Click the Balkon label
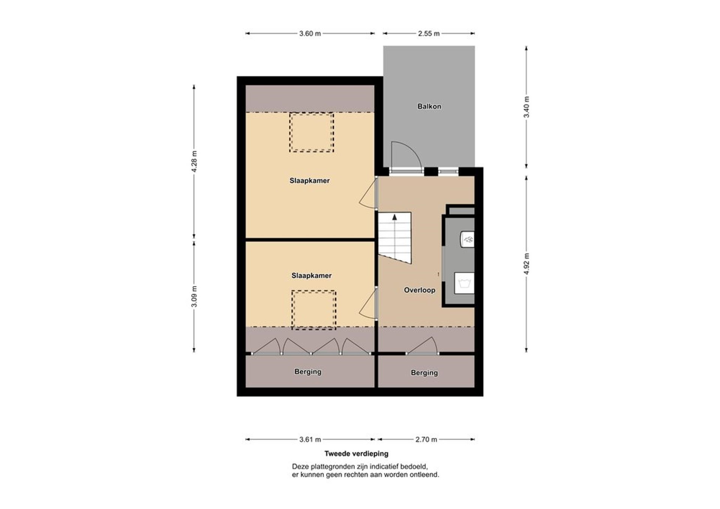pos(429,106)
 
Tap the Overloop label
pos(419,290)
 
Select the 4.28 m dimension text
pos(194,162)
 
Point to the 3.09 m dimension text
pos(194,296)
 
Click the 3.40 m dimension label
pos(526,107)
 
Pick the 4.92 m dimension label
pos(526,264)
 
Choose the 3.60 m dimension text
pos(310,34)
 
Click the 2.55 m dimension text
pos(429,34)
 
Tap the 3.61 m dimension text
pos(310,439)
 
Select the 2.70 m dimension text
pos(426,439)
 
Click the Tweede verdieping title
pos(356,454)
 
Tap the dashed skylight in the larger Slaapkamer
pos(311,133)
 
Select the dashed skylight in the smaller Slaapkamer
pos(313,310)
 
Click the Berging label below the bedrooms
pos(307,372)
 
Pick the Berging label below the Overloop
pos(424,373)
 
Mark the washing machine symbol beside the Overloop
pos(464,283)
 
